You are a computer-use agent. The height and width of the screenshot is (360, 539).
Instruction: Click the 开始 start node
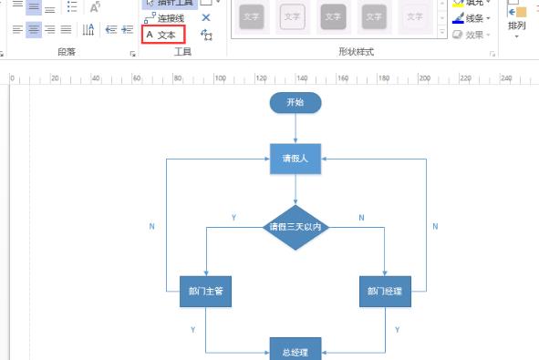point(295,102)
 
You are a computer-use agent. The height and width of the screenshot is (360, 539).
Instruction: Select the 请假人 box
point(295,158)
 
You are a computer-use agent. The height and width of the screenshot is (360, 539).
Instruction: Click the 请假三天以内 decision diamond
point(295,227)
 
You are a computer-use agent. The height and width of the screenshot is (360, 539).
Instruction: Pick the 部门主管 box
point(205,292)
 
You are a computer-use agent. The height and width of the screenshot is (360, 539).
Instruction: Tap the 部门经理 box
point(385,292)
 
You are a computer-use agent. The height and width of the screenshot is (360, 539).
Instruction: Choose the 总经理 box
point(295,352)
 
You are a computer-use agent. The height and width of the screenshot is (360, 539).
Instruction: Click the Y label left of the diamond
point(233,219)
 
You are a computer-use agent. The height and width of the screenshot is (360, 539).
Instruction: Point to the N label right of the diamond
point(361,219)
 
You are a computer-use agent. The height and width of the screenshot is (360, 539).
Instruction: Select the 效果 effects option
point(473,35)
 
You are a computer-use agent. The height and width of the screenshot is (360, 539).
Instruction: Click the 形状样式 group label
point(356,53)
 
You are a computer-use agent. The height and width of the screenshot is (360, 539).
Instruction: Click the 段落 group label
point(67,53)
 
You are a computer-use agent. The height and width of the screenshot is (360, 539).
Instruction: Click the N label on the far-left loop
point(151,226)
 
